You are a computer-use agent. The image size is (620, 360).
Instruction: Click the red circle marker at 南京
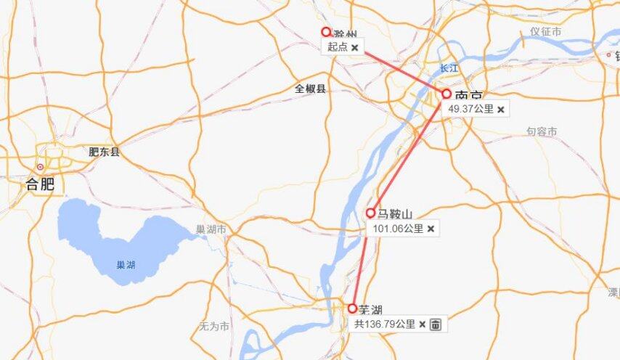click(x=446, y=94)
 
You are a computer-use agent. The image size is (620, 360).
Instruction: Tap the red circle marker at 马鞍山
click(x=370, y=213)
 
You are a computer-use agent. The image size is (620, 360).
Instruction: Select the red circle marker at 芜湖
click(x=353, y=308)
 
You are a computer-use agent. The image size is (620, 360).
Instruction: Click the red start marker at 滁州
click(x=326, y=32)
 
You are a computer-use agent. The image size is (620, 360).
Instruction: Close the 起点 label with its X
click(x=354, y=47)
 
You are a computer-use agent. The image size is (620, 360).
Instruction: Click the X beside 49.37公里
click(x=500, y=109)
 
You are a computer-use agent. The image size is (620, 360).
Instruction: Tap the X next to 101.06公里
click(x=431, y=228)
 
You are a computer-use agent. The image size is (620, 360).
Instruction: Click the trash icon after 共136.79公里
click(x=435, y=324)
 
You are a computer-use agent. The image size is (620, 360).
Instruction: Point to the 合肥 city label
click(x=40, y=184)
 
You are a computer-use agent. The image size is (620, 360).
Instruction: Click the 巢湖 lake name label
click(x=126, y=265)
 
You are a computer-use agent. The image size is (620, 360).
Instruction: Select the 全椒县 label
click(x=310, y=89)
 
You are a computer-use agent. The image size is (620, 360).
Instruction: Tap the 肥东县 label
click(x=104, y=152)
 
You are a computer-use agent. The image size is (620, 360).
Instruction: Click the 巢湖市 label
click(x=211, y=229)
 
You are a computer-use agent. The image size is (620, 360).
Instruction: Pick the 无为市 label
click(x=214, y=327)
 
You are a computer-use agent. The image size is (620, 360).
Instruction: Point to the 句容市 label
click(x=542, y=131)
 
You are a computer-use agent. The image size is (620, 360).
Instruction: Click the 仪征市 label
click(x=546, y=31)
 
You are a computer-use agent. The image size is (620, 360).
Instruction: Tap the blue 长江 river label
click(x=449, y=68)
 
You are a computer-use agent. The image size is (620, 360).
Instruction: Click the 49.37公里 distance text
click(x=470, y=109)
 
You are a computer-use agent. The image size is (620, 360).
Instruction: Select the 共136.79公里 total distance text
click(x=385, y=324)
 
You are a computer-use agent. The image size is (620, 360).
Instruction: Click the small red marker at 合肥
click(x=40, y=168)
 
